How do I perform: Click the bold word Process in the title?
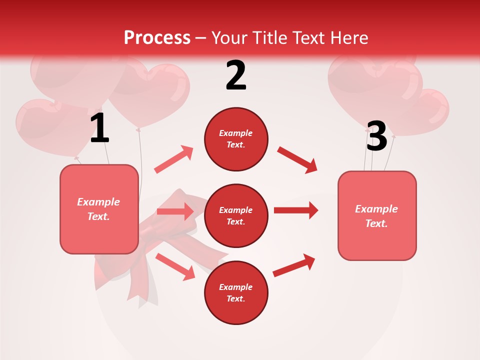157,37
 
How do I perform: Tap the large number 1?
99,128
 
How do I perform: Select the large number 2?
236,75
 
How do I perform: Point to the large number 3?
376,136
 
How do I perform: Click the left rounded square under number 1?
99,209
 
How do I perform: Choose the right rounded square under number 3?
377,215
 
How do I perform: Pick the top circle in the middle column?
236,139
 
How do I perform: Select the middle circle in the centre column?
236,215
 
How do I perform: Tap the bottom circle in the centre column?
236,292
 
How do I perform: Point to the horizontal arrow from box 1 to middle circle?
175,211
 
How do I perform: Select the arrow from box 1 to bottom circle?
175,266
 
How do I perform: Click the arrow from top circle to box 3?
297,159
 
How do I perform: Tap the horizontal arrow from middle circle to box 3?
295,210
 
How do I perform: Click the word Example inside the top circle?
236,133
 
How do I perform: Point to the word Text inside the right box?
376,223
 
